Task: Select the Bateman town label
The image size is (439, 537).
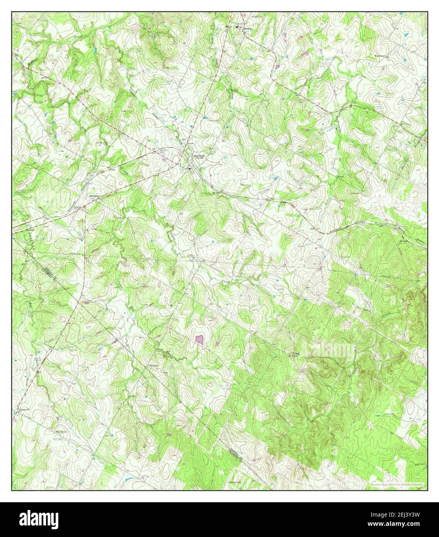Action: pos(95,196)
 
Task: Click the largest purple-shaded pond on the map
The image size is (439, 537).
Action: pos(200,340)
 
